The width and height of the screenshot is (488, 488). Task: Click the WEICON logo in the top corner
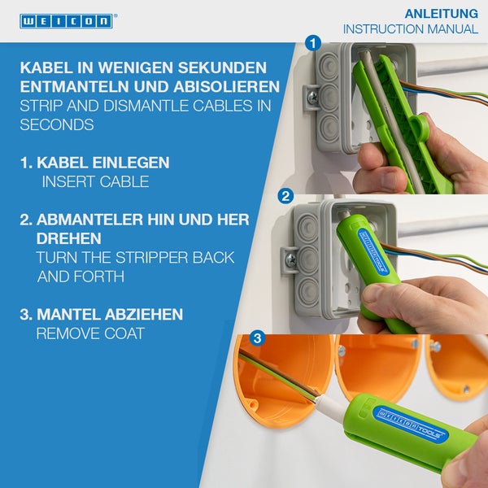67,20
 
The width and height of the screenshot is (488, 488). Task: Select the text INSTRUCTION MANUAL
410,29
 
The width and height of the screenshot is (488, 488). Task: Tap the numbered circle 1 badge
313,42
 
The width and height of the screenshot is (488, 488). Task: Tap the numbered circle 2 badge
285,195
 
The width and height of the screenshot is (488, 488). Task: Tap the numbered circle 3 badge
258,337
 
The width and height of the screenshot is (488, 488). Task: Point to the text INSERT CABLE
95,182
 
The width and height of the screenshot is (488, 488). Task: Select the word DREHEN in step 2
69,239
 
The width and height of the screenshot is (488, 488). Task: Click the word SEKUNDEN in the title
216,67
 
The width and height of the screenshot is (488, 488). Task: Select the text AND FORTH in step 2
81,277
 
